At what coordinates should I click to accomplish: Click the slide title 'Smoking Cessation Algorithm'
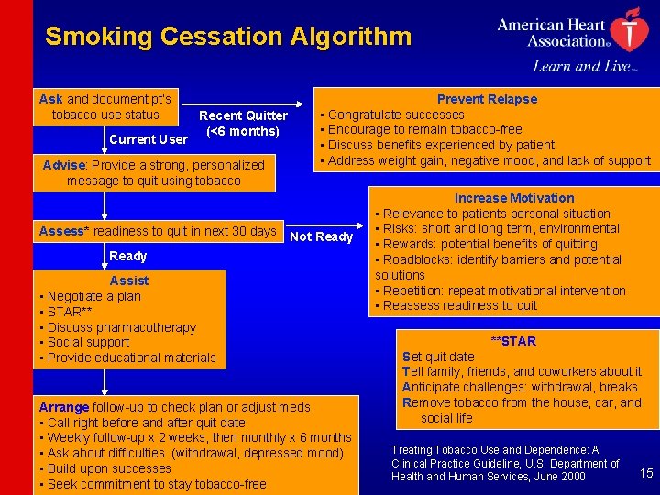click(x=228, y=38)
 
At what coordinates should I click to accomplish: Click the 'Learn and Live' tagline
click(x=583, y=66)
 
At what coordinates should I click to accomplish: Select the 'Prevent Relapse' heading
click(x=487, y=99)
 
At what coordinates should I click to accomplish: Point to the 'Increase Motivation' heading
click(x=514, y=198)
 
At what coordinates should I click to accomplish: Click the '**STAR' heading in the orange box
click(x=513, y=341)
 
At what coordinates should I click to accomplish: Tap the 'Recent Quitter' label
click(x=243, y=115)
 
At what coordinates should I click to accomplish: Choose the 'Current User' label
click(x=148, y=139)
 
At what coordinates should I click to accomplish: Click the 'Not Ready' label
click(x=321, y=236)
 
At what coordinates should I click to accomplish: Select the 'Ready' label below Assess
click(x=128, y=256)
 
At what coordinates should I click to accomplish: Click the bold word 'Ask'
click(x=51, y=99)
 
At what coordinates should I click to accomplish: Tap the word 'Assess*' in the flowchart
click(x=64, y=231)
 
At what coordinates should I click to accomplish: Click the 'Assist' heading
click(x=128, y=280)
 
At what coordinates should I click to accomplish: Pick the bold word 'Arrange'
click(x=64, y=407)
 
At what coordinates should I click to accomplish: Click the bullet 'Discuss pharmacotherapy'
click(x=121, y=327)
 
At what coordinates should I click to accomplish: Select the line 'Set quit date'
click(x=438, y=357)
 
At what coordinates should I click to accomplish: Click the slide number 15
click(x=645, y=473)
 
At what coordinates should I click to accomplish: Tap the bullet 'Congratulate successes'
click(x=395, y=115)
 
